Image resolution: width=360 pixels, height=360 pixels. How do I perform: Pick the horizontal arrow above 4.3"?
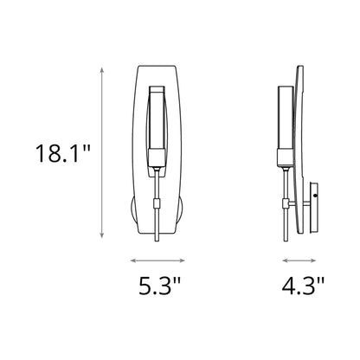coord(302,259)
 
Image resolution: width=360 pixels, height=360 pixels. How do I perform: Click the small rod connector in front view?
coord(156,204)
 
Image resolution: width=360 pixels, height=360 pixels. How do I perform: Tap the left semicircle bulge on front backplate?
coord(131,209)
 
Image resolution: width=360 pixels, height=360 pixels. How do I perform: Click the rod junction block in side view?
coord(286,204)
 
